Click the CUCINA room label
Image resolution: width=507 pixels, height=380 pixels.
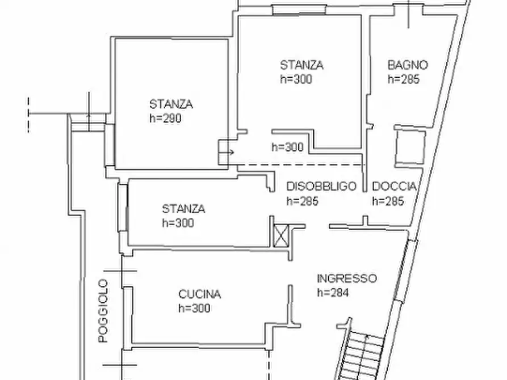coord(199,294)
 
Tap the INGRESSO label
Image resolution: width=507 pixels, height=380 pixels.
coord(346,278)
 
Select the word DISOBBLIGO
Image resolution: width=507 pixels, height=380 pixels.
coord(321,187)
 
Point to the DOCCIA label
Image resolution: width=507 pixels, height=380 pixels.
coord(395,187)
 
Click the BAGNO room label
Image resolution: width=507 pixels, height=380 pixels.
coord(408,65)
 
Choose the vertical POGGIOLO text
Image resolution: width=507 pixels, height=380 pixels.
coord(103,310)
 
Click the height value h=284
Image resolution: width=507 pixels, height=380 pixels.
coord(333,293)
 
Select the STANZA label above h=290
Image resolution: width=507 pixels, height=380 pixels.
coord(171,104)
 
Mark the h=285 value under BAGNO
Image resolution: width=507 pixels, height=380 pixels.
coord(403,79)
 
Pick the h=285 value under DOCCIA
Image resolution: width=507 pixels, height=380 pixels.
coord(388,201)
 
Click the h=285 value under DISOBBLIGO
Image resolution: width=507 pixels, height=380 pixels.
coord(302,201)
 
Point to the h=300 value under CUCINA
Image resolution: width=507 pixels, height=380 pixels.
coord(194,309)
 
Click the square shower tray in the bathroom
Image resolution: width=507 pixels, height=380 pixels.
coord(409,145)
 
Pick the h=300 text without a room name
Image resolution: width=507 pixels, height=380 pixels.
coord(287,147)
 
